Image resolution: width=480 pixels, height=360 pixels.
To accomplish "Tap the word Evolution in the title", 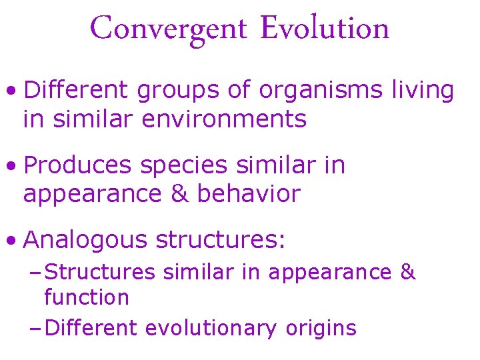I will click(x=325, y=28).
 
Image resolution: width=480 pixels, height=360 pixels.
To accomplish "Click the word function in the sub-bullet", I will click(x=86, y=297).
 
